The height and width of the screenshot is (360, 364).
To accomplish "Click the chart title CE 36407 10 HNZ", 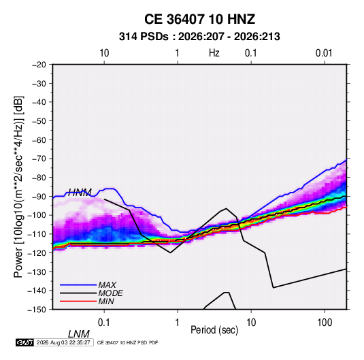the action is (199, 19).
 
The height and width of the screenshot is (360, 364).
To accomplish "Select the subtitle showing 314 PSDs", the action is (199, 37).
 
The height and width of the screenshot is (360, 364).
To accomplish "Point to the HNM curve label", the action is (80, 193).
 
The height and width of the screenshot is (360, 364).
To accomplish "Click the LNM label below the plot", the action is (78, 334).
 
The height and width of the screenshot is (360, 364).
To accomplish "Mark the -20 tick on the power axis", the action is (39, 65).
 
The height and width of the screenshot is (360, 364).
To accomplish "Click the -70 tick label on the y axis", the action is (39, 159).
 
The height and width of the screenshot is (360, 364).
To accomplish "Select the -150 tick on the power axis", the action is (37, 310).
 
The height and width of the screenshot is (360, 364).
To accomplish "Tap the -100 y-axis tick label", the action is (37, 215).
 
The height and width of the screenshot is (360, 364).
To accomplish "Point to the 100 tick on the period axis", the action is (325, 323).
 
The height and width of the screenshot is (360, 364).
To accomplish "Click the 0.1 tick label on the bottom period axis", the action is (104, 323).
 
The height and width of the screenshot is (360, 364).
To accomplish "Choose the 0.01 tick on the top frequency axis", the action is (324, 53).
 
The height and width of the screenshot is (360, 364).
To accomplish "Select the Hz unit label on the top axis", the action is (214, 53).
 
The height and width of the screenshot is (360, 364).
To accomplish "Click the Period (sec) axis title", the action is (214, 330).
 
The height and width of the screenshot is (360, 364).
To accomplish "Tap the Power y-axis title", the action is (18, 187).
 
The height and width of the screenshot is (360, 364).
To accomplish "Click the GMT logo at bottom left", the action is (24, 342).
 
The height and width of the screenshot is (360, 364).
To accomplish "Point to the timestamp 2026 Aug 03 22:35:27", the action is (63, 342).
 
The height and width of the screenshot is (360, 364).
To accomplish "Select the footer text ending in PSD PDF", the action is (127, 342).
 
